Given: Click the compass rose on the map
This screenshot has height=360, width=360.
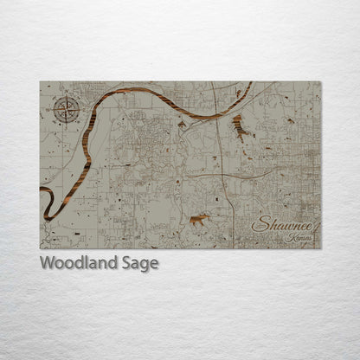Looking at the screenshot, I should (66, 109).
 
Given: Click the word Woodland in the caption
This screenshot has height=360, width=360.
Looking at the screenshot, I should (74, 263).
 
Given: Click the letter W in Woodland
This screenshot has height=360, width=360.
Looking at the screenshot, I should (47, 263).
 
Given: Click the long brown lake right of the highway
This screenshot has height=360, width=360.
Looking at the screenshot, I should (239, 126).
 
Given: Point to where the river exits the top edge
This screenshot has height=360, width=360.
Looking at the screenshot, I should (251, 83).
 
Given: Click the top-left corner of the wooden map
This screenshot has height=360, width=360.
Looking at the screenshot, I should (40, 82).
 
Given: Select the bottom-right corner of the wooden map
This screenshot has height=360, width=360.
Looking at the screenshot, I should (320, 248).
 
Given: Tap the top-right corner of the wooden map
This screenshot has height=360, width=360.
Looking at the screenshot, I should (320, 82).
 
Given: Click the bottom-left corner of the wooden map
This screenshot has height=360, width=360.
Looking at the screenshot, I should (40, 248).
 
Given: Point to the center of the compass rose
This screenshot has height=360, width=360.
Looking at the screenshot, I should (66, 109).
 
